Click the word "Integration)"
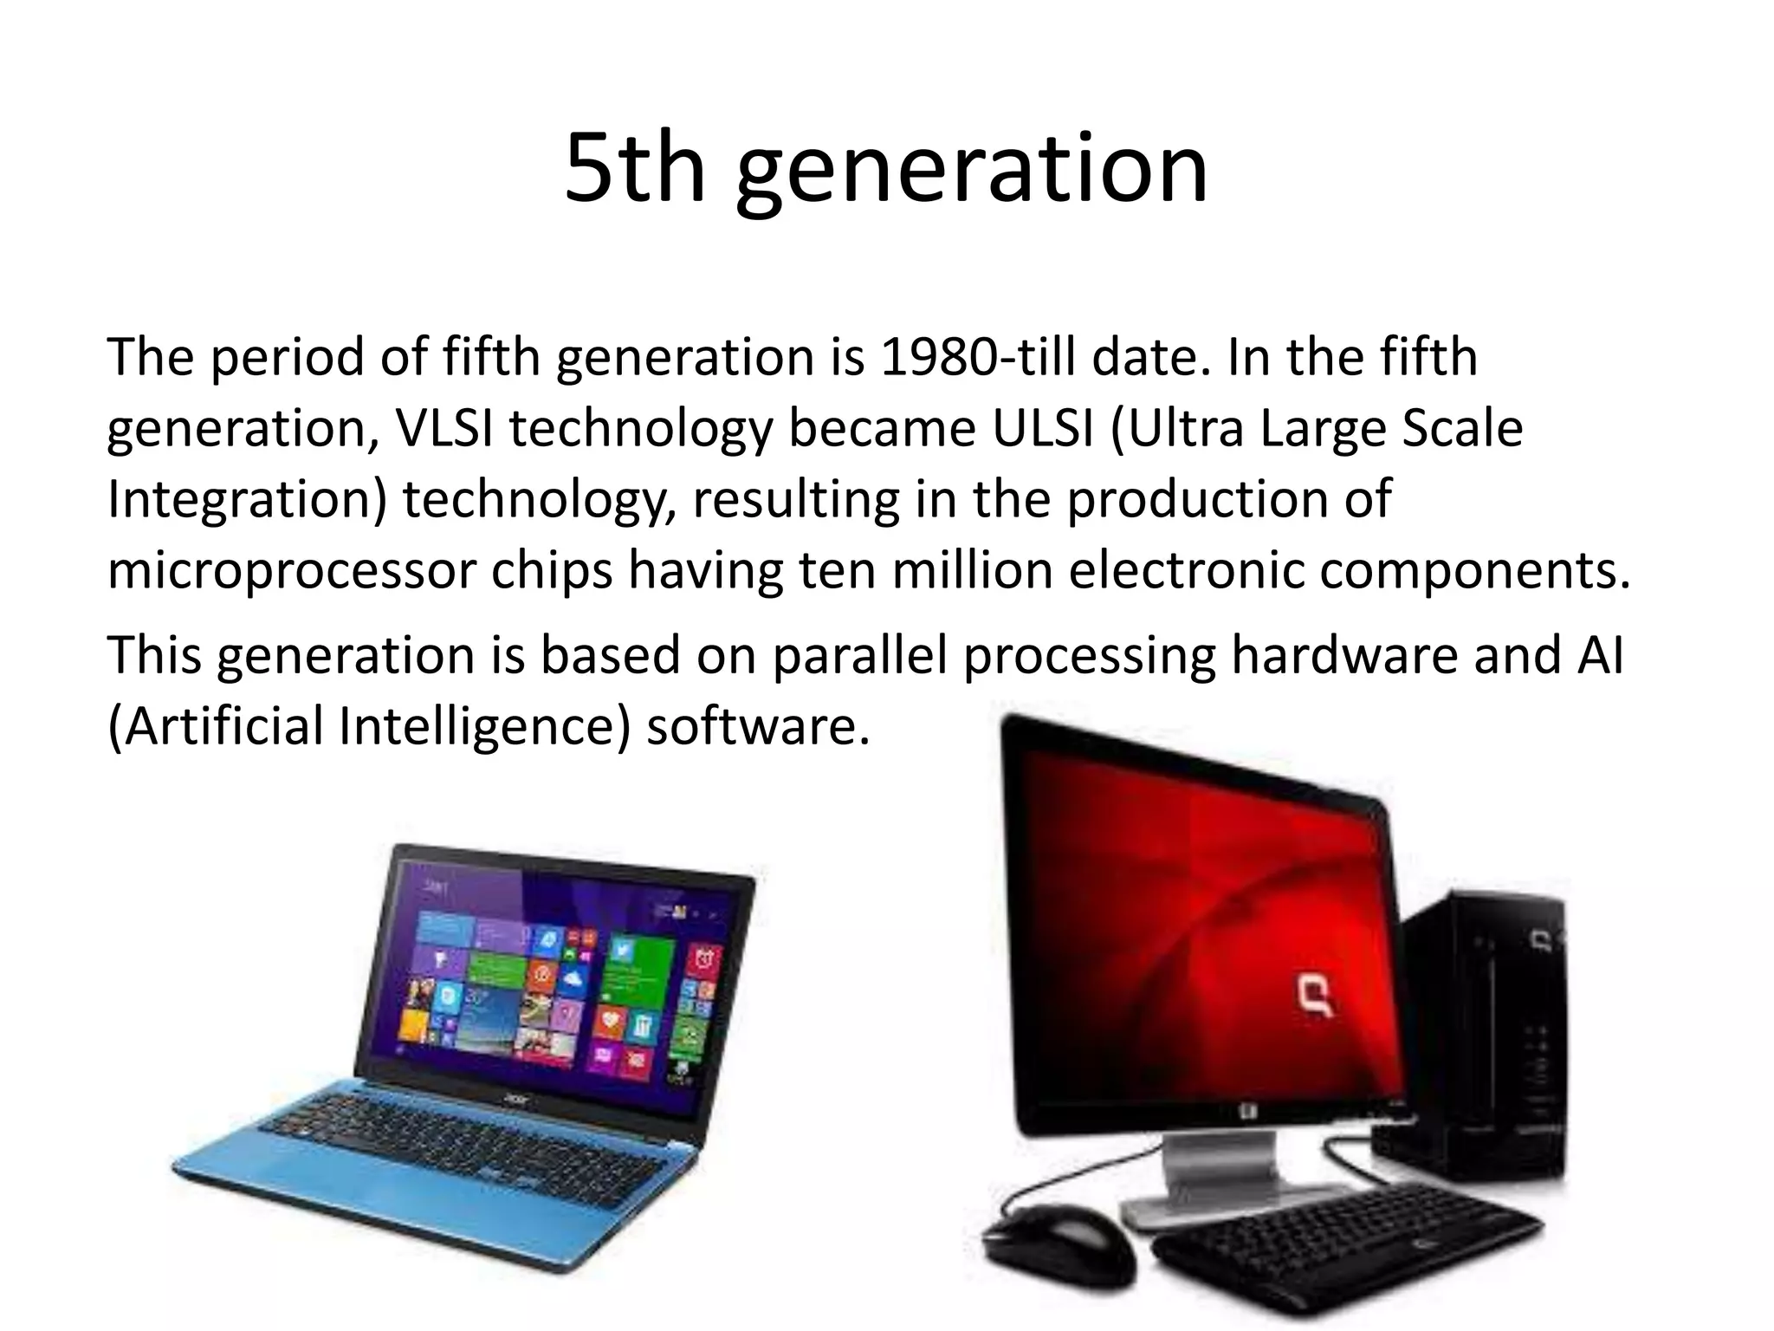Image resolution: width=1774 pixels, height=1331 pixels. [x=247, y=500]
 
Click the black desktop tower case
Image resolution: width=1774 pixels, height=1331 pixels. [x=1481, y=1040]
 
